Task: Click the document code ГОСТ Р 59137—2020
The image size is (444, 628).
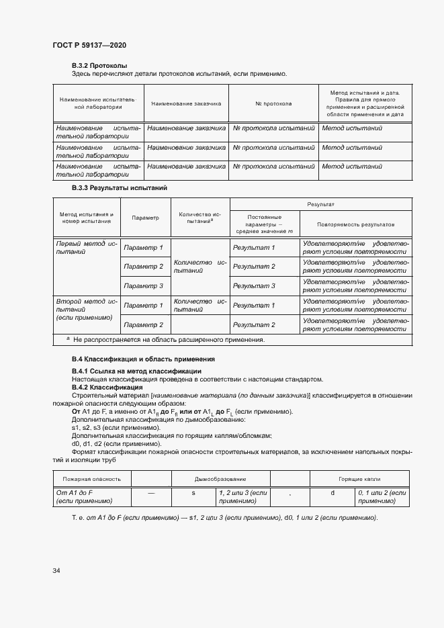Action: click(89, 45)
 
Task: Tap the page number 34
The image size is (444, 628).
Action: click(56, 570)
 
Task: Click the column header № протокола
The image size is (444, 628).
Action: click(273, 104)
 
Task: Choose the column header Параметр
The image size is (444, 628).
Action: click(146, 218)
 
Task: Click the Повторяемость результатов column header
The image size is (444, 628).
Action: click(356, 224)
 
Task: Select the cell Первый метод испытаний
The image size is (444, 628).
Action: click(87, 248)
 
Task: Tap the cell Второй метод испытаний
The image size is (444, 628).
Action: click(87, 310)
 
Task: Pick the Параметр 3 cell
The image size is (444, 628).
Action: click(144, 285)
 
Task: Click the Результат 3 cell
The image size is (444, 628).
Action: click(253, 285)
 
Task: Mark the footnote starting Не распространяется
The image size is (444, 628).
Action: click(168, 340)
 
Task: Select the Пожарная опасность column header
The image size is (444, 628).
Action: click(91, 479)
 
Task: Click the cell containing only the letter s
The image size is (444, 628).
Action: click(193, 494)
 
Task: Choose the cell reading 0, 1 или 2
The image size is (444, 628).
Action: click(382, 497)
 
